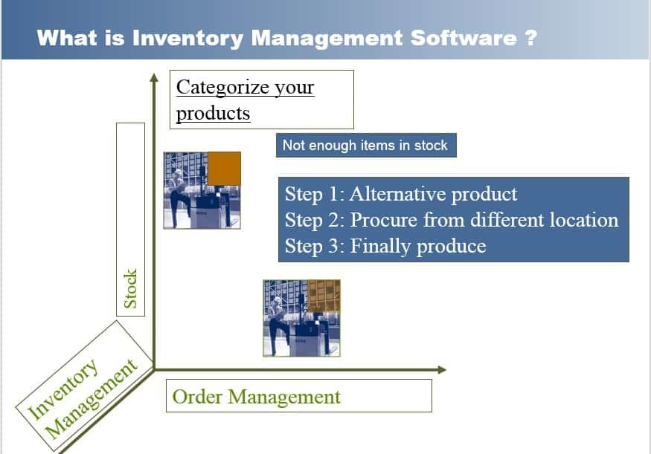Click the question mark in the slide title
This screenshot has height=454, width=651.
pyautogui.click(x=529, y=38)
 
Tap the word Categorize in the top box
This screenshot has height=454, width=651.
pyautogui.click(x=217, y=87)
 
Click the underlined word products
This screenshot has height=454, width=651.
pyautogui.click(x=213, y=114)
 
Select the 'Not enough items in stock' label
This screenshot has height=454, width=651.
pyautogui.click(x=365, y=146)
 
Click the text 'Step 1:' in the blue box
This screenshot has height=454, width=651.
pyautogui.click(x=314, y=195)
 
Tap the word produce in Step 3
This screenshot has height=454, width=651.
pyautogui.click(x=451, y=246)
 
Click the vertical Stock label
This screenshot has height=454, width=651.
pyautogui.click(x=130, y=289)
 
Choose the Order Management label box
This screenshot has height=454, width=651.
pyautogui.click(x=298, y=396)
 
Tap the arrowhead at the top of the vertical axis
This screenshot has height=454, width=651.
pyautogui.click(x=154, y=75)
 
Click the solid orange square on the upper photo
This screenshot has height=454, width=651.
pyautogui.click(x=224, y=168)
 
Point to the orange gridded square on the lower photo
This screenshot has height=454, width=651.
pyautogui.click(x=324, y=296)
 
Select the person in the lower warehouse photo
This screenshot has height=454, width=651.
pyautogui.click(x=277, y=320)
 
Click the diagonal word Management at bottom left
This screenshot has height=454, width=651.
pyautogui.click(x=92, y=401)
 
